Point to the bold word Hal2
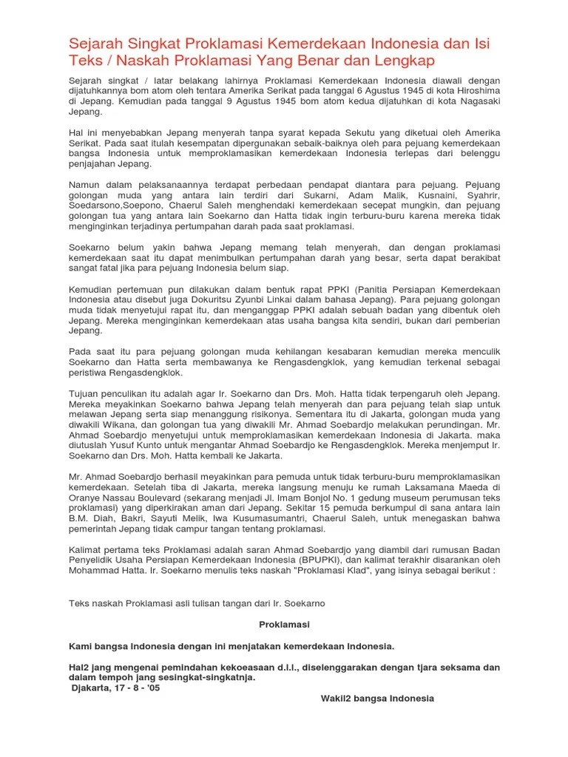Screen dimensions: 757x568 pyautogui.click(x=80, y=667)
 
